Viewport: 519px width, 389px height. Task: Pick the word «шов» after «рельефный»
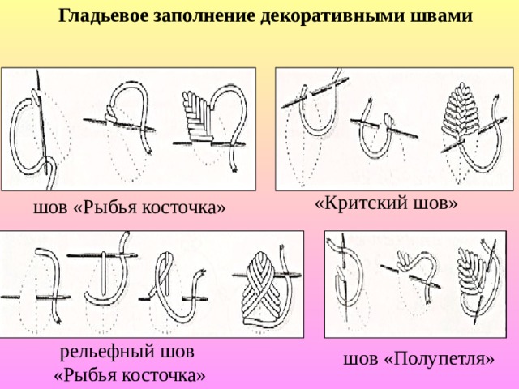(177, 351)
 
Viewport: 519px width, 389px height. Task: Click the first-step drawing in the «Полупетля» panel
(345, 277)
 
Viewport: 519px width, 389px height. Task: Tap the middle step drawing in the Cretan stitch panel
(384, 131)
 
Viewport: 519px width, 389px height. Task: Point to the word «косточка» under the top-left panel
(181, 207)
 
